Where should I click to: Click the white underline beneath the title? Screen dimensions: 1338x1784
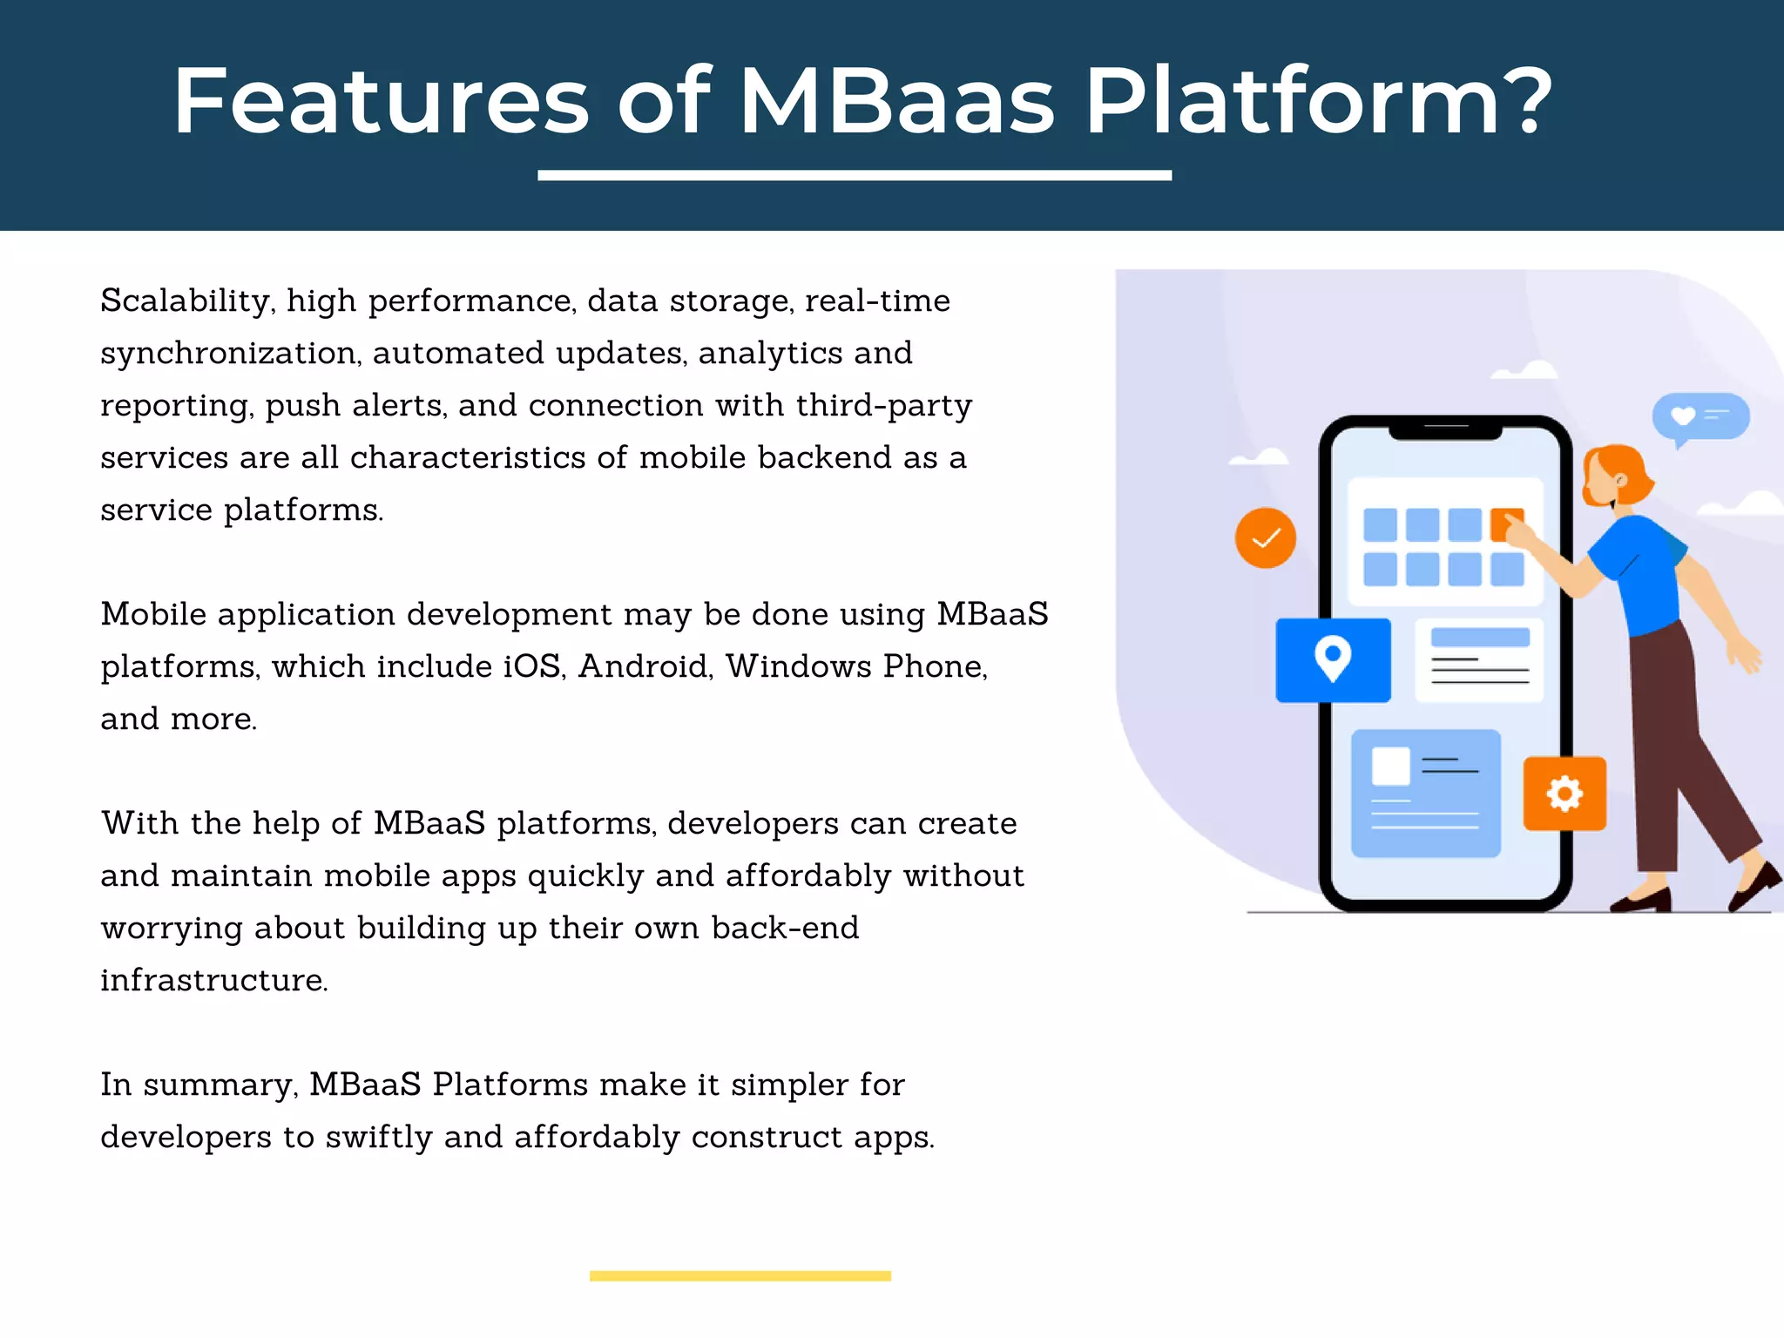tap(854, 175)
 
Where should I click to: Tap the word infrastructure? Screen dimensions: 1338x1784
tap(213, 981)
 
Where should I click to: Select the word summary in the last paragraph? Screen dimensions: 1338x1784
tap(220, 1085)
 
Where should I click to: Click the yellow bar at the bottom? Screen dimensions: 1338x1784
tap(740, 1275)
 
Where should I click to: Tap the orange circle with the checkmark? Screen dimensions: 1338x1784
tap(1265, 538)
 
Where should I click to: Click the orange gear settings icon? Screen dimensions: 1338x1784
tap(1564, 794)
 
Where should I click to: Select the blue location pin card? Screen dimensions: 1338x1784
tap(1333, 660)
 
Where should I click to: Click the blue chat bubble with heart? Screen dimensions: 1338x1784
tap(1700, 416)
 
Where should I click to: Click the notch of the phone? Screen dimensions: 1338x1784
tap(1446, 429)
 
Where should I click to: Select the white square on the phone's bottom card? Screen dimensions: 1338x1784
tap(1390, 767)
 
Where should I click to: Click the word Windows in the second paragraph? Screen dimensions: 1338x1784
tap(798, 667)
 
